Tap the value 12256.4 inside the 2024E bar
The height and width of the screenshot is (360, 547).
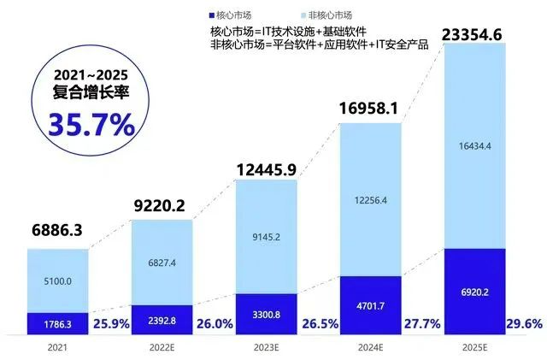point(370,200)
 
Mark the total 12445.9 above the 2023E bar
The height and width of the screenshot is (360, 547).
point(265,166)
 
